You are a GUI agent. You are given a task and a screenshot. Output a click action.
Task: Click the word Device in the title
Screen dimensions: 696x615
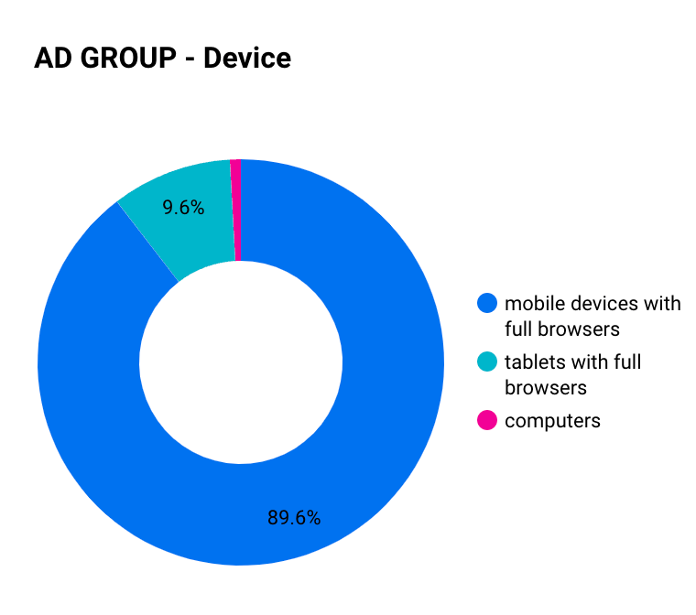pos(247,59)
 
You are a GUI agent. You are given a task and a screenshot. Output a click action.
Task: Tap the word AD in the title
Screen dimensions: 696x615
pos(53,59)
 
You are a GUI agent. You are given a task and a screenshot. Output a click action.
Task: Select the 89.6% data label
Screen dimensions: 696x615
pos(294,518)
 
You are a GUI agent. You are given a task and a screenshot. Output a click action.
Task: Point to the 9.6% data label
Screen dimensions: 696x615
pos(183,207)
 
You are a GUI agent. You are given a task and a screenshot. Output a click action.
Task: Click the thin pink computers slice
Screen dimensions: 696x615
pos(235,210)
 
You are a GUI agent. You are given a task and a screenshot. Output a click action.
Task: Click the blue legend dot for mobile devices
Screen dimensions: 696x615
pos(487,303)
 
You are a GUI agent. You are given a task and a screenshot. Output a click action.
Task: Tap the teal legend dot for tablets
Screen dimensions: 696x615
pos(487,361)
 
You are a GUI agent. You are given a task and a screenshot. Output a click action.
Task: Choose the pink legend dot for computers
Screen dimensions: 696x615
pos(487,420)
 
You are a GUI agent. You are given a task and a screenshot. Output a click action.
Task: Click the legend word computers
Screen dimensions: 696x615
pos(552,421)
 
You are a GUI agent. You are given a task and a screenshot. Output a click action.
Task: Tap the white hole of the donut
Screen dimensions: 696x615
pos(241,362)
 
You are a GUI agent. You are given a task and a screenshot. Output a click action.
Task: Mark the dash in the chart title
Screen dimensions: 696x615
pos(190,60)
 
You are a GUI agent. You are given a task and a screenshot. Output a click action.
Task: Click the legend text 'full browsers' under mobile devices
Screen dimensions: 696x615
pos(562,329)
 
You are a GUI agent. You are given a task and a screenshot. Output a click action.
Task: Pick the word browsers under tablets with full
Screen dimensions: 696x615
pos(546,388)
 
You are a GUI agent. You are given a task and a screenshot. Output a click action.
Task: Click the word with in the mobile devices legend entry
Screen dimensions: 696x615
pos(662,304)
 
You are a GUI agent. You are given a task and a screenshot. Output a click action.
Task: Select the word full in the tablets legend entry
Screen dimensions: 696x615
pos(627,362)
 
